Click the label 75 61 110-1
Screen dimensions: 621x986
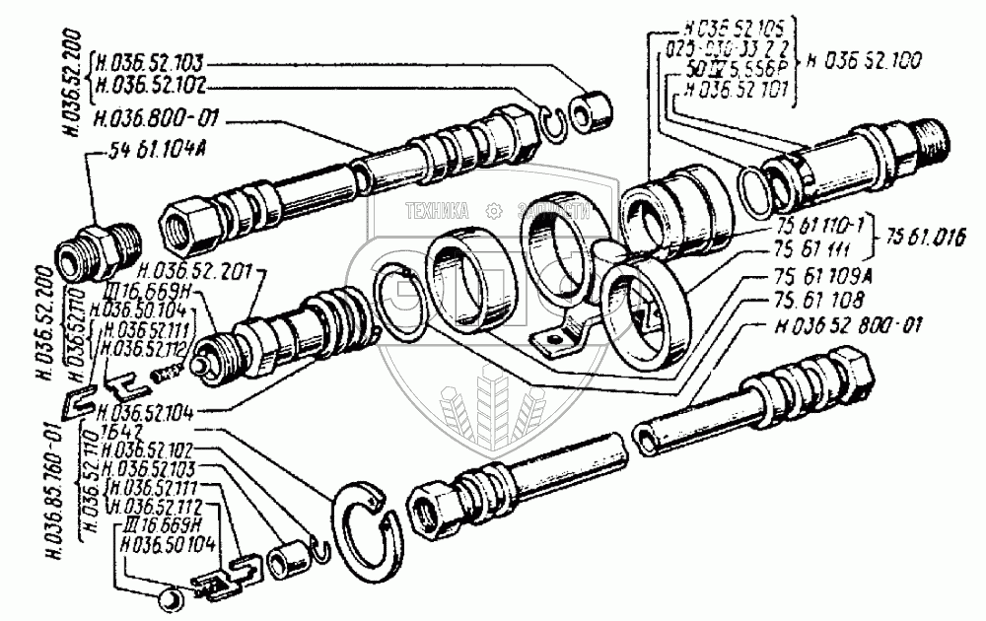pos(810,225)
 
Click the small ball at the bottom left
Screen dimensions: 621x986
pos(169,596)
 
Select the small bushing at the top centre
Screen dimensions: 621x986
pos(594,110)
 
